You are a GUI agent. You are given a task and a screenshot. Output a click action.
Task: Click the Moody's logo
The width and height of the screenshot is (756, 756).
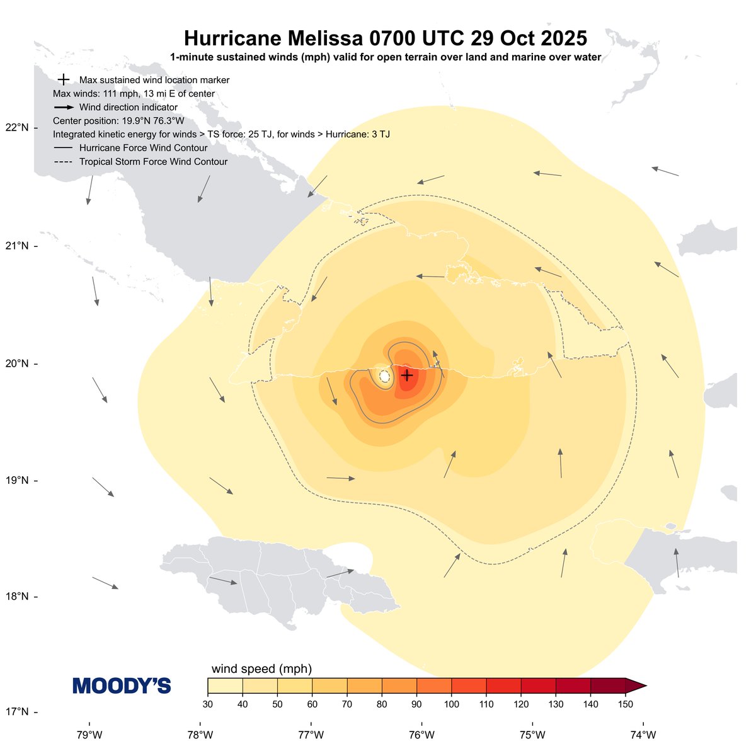[x=122, y=686]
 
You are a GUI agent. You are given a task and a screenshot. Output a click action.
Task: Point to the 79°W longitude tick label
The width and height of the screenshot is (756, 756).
[x=89, y=735]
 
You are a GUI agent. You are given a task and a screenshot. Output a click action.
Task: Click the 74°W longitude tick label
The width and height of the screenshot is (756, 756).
[x=643, y=735]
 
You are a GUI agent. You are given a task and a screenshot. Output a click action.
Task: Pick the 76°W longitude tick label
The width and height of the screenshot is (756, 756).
[x=421, y=735]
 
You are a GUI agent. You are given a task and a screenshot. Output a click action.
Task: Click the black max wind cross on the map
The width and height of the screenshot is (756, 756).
[x=407, y=375]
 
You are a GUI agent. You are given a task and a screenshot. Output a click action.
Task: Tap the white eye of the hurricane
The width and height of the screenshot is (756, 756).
[x=384, y=375]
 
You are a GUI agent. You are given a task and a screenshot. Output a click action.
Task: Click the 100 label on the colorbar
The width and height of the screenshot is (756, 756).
[x=451, y=704]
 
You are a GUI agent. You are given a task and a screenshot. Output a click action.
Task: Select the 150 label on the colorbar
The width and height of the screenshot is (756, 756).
[x=625, y=704]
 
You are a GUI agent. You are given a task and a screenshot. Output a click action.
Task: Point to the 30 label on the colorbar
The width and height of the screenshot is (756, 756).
[x=208, y=704]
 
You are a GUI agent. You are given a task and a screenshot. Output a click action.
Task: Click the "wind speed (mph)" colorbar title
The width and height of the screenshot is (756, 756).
[x=261, y=669]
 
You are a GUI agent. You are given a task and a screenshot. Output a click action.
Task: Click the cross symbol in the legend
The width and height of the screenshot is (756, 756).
[x=63, y=80]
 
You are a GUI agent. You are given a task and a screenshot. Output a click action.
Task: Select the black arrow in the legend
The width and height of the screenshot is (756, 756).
[x=64, y=108]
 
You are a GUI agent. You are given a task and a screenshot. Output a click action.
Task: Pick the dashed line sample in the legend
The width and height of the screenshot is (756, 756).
[x=64, y=162]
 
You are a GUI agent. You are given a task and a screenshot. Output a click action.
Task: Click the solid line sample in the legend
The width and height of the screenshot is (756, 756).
[x=64, y=148]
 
